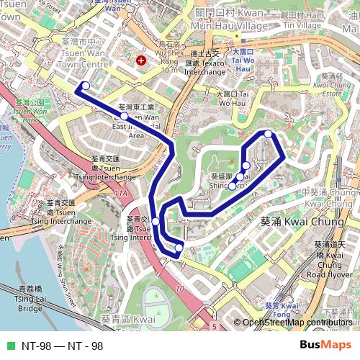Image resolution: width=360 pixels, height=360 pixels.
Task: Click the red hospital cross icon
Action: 140,61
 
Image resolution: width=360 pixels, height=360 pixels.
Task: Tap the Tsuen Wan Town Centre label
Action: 81,53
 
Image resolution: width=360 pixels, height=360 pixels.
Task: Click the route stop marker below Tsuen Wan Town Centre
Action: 86,86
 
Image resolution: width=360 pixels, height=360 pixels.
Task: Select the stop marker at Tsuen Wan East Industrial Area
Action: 125,116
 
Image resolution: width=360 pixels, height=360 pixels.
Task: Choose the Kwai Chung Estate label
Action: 332,85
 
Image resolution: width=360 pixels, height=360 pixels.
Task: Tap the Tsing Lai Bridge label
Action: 31,297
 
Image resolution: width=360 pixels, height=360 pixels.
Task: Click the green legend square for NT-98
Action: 10,346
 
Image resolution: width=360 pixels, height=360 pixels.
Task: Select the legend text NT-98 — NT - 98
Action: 63,346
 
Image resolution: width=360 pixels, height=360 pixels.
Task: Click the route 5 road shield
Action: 214,327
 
